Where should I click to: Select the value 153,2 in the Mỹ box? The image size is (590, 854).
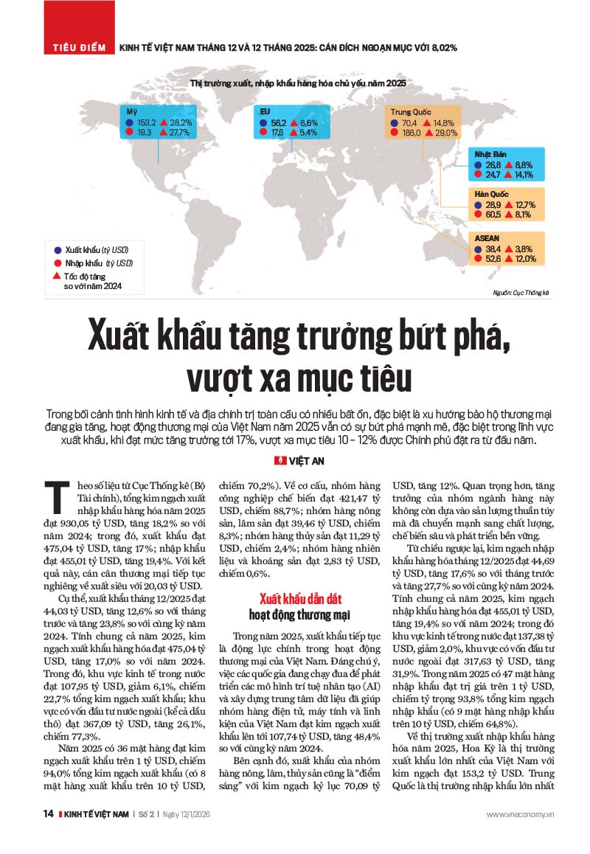coord(147,122)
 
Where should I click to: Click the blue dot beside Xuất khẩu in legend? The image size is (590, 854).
coord(57,250)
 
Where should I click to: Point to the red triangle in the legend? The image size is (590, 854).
coord(57,274)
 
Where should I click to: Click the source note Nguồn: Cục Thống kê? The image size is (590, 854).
coord(521,294)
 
